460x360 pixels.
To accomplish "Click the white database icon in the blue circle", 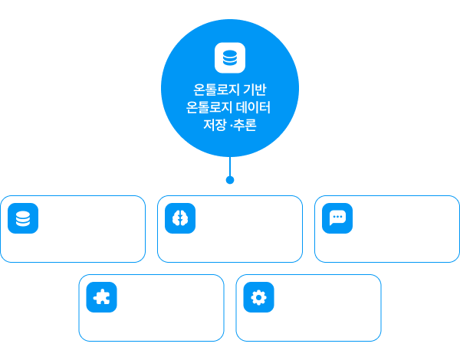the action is point(230,57).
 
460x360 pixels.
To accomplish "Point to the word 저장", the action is point(215,125).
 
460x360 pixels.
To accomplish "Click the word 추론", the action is point(245,125).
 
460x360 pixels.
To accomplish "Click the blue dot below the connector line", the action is point(230,180).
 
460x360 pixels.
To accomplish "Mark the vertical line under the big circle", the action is point(230,166).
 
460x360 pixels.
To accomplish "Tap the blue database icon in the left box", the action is point(23,218).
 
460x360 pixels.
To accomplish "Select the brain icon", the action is point(180,218).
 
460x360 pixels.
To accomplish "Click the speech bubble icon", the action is point(337,218).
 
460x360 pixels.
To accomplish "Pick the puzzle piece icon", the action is point(101,297).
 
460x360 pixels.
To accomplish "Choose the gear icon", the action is point(259,297).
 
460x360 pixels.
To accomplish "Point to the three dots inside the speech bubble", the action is point(337,217).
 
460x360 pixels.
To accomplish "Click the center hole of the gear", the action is point(259,297).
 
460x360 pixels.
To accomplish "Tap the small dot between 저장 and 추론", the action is point(232,126).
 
